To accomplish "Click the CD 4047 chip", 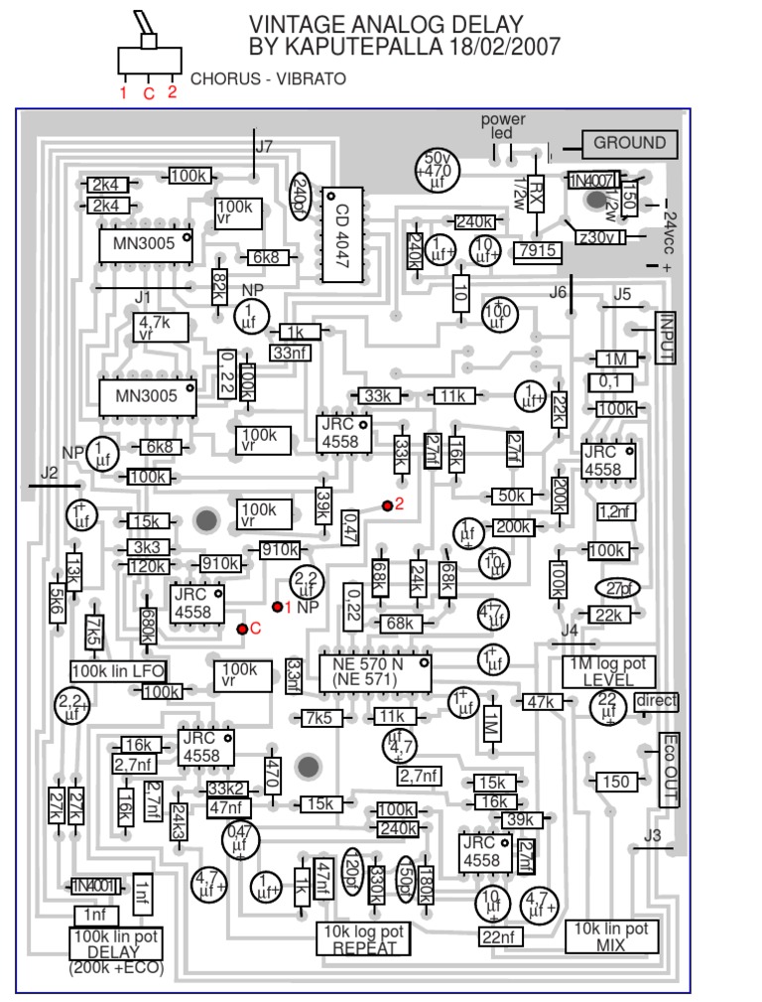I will [343, 236].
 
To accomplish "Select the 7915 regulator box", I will [537, 251].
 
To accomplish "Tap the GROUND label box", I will [629, 143].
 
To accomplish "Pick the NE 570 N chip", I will [374, 672].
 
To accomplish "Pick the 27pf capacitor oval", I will [616, 588].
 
